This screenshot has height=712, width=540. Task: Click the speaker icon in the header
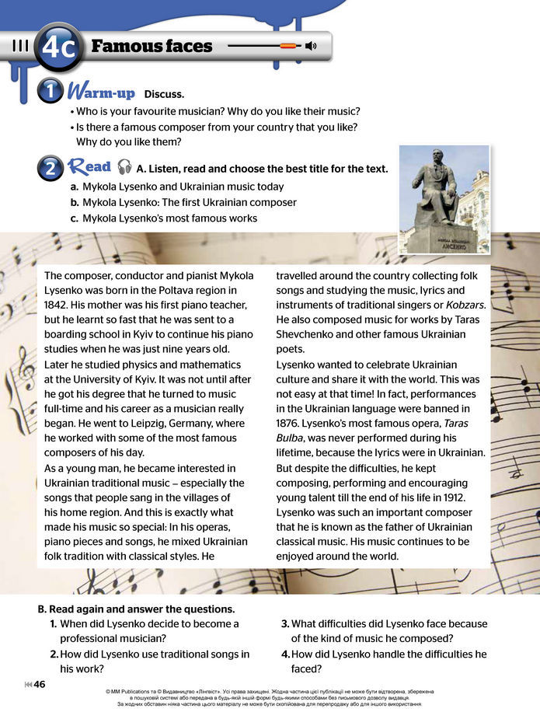click(x=311, y=46)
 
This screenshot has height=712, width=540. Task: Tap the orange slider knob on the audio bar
click(x=287, y=46)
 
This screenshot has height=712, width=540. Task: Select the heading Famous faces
click(x=152, y=46)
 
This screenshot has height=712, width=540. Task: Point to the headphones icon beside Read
click(x=124, y=167)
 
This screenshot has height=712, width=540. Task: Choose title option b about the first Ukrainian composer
click(x=183, y=202)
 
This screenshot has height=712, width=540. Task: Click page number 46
click(x=40, y=684)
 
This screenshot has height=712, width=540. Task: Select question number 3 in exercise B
click(x=285, y=623)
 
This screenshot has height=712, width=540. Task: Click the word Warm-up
click(x=103, y=92)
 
